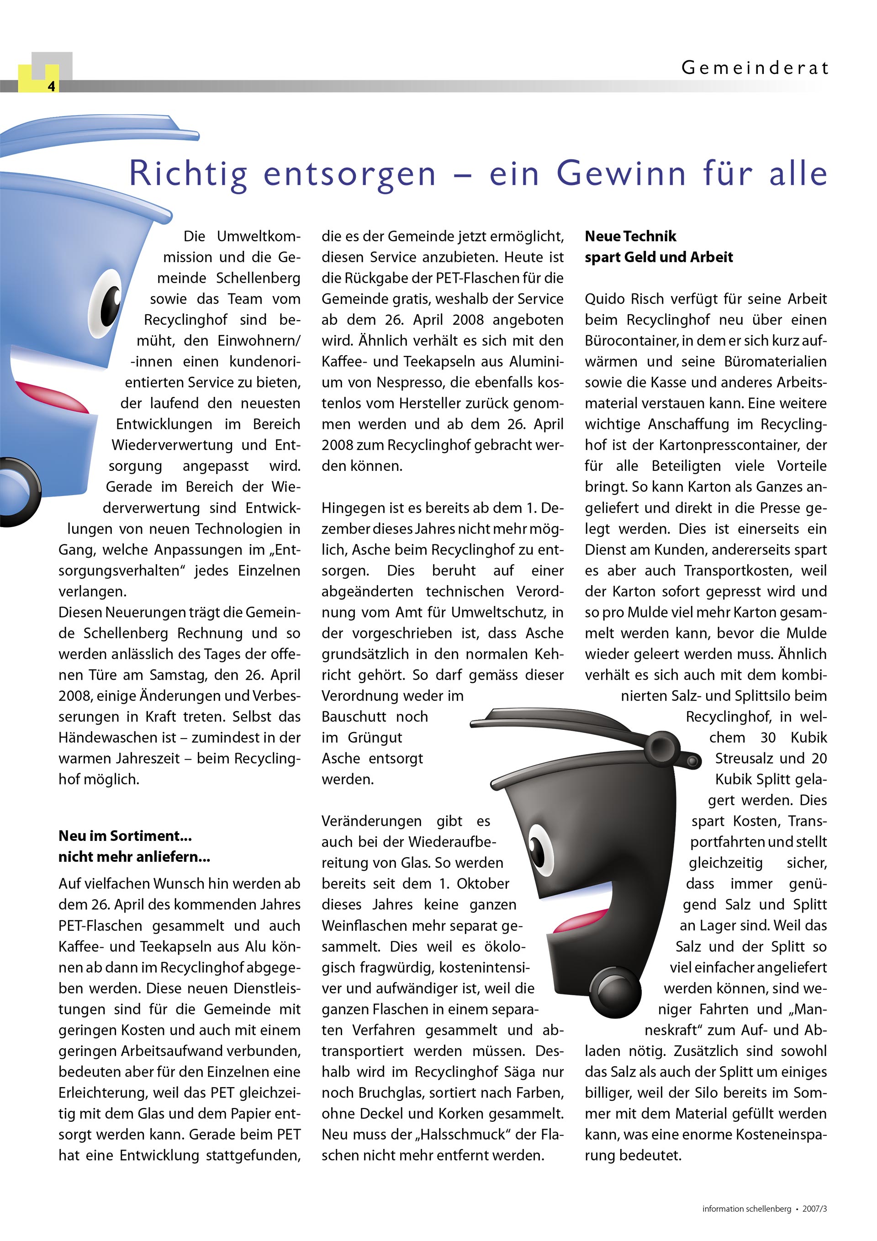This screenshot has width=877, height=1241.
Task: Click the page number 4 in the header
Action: coord(51,86)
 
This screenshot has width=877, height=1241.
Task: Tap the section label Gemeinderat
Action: coord(754,68)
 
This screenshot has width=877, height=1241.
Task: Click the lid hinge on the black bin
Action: coord(662,746)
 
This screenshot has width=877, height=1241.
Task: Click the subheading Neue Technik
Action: coord(630,236)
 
